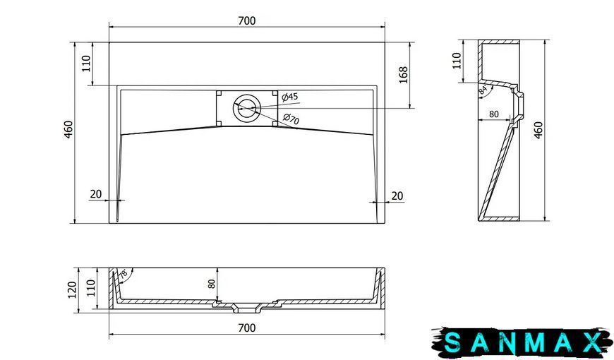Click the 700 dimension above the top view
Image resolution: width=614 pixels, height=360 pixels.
pos(247,20)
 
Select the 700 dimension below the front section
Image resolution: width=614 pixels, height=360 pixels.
pos(247,328)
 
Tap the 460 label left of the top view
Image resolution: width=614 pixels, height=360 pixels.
pos(68,129)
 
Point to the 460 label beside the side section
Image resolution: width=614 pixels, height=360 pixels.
pos(538,130)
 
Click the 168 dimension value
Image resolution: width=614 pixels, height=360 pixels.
pos(403,75)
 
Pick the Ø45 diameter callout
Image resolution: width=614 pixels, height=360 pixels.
pos(290,97)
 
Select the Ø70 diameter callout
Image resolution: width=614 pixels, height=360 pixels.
pos(291,119)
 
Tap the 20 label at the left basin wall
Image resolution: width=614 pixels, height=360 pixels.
pos(96,194)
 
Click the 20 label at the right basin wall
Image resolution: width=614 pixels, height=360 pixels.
pos(397,196)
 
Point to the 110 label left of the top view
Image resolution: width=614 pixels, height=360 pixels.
pos(86,64)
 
